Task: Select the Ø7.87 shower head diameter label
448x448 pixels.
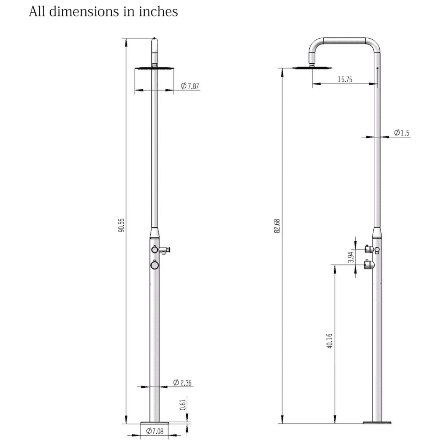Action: point(190,86)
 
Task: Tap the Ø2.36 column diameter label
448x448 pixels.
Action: point(182,383)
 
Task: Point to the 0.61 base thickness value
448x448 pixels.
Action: point(183,405)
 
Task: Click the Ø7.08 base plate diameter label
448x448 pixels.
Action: point(155,431)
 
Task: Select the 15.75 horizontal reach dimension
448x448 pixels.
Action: point(345,79)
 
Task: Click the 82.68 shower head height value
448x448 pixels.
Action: point(277,226)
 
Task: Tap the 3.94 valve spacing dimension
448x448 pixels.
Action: point(350,257)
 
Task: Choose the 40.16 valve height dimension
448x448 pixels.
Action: point(329,341)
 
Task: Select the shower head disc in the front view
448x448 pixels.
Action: point(154,68)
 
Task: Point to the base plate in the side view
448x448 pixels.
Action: point(377,422)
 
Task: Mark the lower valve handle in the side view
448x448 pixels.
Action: point(369,264)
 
